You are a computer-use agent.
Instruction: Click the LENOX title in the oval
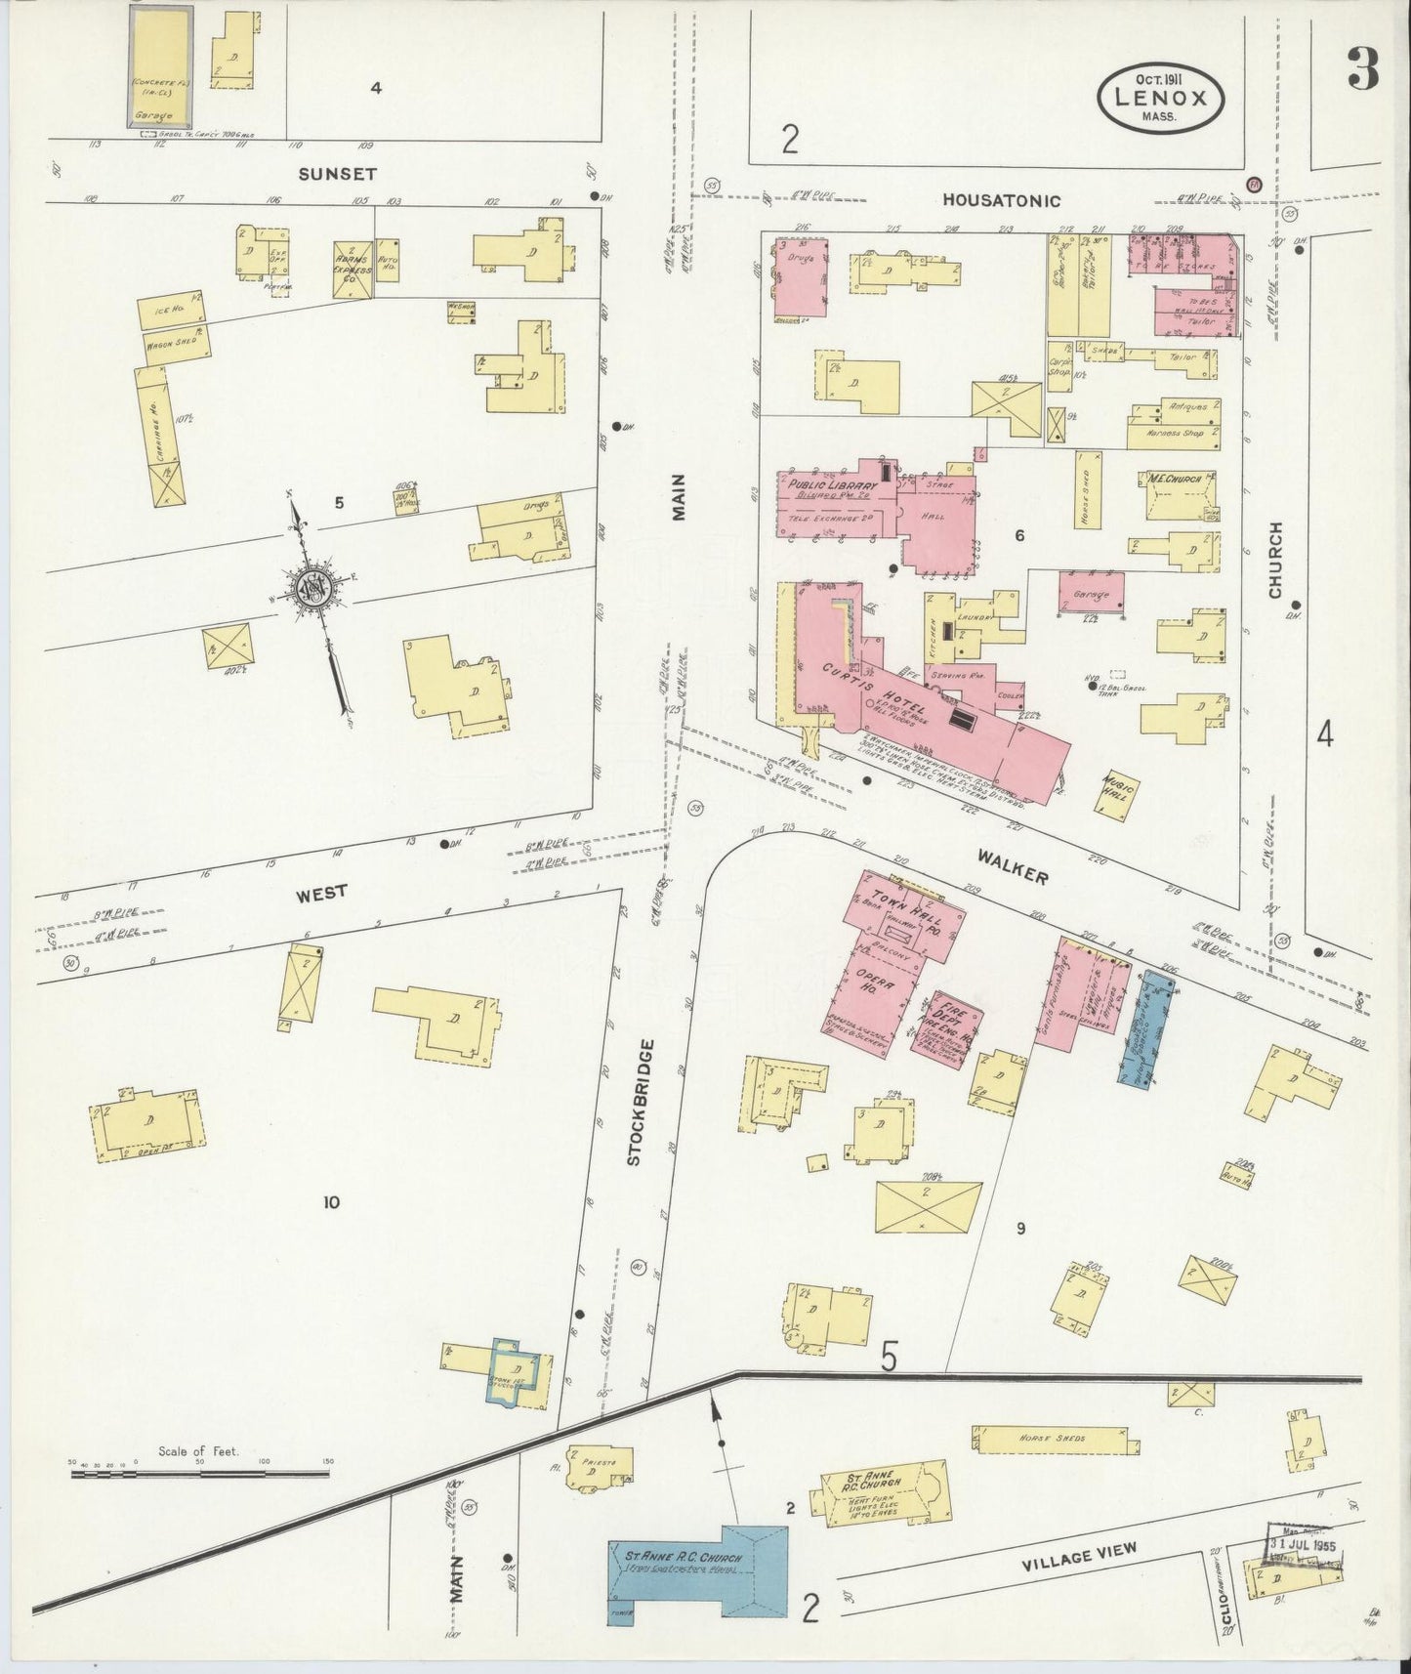coord(1159,97)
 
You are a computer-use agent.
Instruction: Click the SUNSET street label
coord(323,173)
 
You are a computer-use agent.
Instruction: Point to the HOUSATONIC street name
coord(1001,200)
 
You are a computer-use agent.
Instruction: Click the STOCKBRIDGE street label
coord(633,1102)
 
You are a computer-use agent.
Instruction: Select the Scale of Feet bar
coord(200,1475)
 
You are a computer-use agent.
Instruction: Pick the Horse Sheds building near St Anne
coord(1055,1438)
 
